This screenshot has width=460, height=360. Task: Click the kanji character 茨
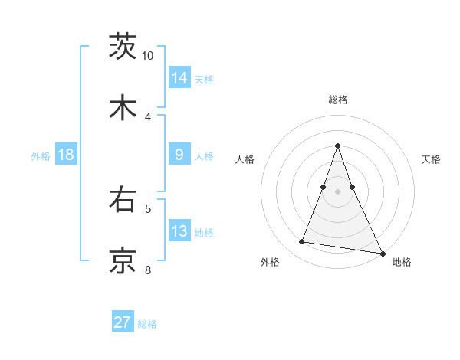[123, 46]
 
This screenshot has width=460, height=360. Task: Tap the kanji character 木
[123, 107]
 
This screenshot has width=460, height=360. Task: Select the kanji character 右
[123, 201]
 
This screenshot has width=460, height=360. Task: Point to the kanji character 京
[123, 260]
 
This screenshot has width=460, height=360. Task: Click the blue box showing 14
[179, 77]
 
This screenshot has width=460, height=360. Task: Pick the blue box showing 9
[179, 155]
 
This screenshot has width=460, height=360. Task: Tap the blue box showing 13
[179, 231]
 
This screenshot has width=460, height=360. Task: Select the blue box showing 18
[66, 155]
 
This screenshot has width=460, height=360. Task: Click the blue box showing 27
[123, 322]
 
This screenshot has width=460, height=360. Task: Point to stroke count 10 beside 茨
[147, 56]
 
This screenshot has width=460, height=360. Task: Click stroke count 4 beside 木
[147, 116]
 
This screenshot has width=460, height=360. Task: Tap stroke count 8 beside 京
[147, 270]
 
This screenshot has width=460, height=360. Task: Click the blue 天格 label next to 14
[204, 79]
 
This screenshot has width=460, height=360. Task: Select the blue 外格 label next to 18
[41, 155]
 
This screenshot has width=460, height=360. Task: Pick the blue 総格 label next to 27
[147, 324]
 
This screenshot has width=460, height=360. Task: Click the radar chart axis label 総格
[337, 100]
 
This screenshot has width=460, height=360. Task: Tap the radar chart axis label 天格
[431, 159]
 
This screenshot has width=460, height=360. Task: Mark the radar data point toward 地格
[381, 253]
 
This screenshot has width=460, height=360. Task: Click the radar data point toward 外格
[301, 242]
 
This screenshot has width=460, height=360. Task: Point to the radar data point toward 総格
[337, 146]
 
